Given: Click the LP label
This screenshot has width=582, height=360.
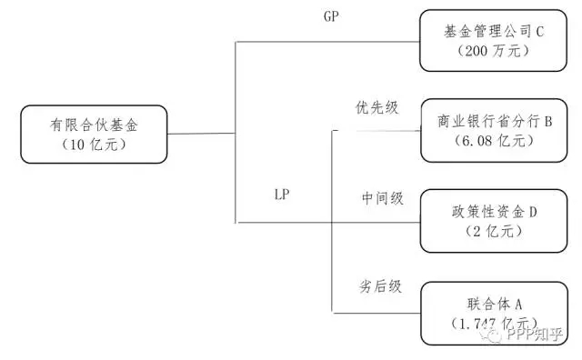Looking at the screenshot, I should [283, 194].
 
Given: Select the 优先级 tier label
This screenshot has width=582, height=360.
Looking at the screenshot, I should [376, 107].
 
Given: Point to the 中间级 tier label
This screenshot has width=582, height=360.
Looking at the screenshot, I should [382, 198].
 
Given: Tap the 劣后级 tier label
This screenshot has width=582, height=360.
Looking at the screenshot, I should [381, 285].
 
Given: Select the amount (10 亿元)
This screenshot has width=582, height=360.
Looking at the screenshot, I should [95, 145].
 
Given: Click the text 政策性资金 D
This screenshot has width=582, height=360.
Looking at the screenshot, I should [495, 212].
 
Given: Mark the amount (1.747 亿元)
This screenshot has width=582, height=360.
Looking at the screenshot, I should [491, 322].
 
